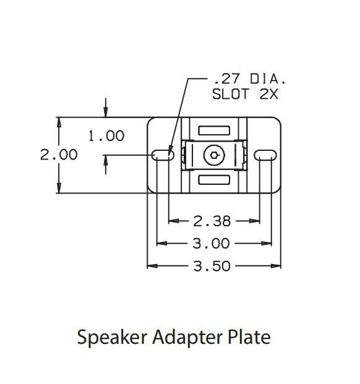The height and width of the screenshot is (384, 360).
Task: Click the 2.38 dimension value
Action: [212, 221]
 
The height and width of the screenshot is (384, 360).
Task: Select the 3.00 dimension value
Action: [212, 243]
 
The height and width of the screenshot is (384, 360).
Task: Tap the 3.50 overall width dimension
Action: [212, 266]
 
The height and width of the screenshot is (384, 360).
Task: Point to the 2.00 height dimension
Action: [59, 155]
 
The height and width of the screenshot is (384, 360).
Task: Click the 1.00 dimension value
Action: [106, 135]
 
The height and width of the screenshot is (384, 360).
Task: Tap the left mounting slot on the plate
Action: [163, 155]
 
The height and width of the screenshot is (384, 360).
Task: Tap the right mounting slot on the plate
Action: [265, 155]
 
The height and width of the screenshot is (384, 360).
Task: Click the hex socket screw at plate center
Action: [214, 155]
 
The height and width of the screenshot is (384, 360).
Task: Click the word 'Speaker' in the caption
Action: [106, 338]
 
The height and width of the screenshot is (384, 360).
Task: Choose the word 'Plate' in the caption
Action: [250, 338]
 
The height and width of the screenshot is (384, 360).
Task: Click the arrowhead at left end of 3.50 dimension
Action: [151, 266]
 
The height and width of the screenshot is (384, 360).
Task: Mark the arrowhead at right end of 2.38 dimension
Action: [255, 221]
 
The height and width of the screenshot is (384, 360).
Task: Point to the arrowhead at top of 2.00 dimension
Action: [59, 121]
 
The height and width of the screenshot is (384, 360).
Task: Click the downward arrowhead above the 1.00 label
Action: [106, 113]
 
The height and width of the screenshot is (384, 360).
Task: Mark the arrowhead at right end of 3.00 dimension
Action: [270, 243]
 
